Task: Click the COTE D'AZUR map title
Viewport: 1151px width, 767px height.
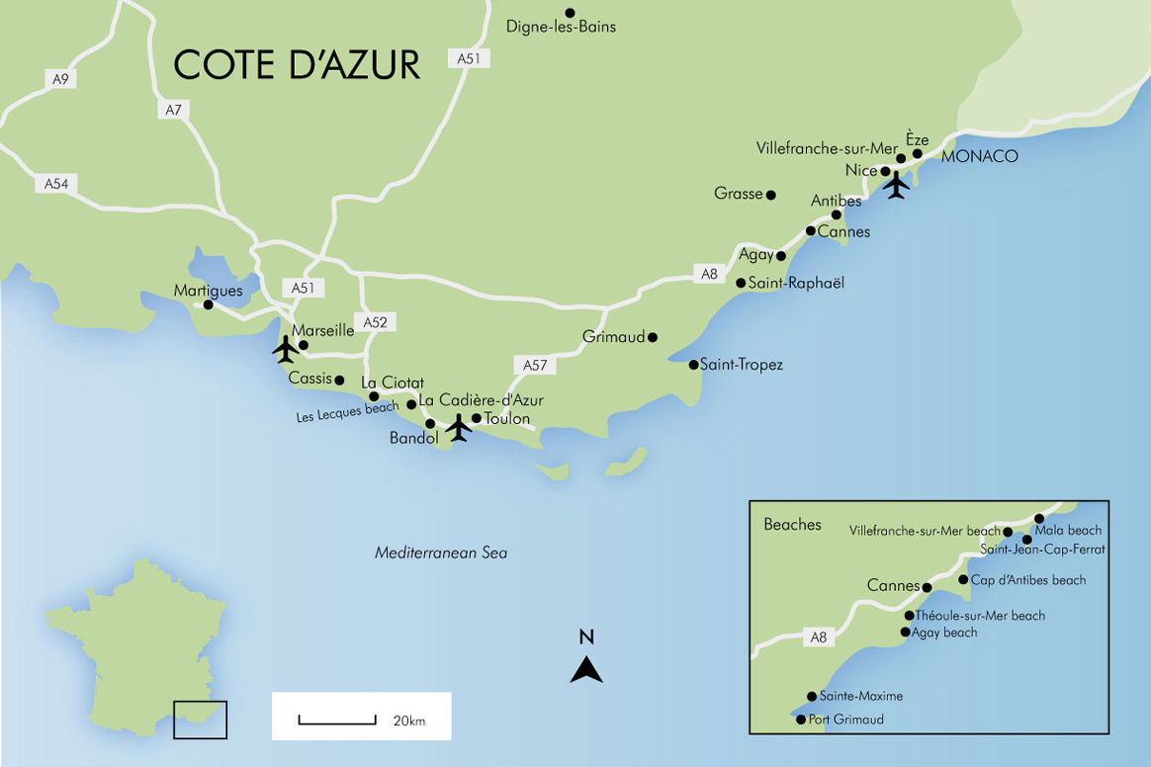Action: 297,64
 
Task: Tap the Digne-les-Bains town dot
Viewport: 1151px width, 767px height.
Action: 570,13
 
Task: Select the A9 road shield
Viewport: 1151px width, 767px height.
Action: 60,79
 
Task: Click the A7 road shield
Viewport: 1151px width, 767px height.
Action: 174,110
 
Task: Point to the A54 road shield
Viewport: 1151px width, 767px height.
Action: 55,184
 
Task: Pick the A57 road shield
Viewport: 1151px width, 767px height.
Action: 534,365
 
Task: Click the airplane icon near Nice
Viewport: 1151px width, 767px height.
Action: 897,185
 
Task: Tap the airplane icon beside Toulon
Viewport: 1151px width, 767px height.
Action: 458,428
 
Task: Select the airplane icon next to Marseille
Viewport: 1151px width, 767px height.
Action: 285,349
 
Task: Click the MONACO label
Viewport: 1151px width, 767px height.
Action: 979,157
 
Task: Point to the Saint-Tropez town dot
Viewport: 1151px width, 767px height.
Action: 693,365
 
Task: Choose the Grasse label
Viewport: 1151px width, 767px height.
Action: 738,194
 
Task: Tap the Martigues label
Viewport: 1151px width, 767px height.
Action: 208,291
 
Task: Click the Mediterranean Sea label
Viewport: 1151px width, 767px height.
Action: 441,554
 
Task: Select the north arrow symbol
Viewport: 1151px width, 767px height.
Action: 586,669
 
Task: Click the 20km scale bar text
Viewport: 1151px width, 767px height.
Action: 408,721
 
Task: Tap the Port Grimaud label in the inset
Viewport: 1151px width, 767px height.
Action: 845,720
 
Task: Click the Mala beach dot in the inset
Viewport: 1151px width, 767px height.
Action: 1039,519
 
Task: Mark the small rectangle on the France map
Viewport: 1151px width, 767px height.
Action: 200,720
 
